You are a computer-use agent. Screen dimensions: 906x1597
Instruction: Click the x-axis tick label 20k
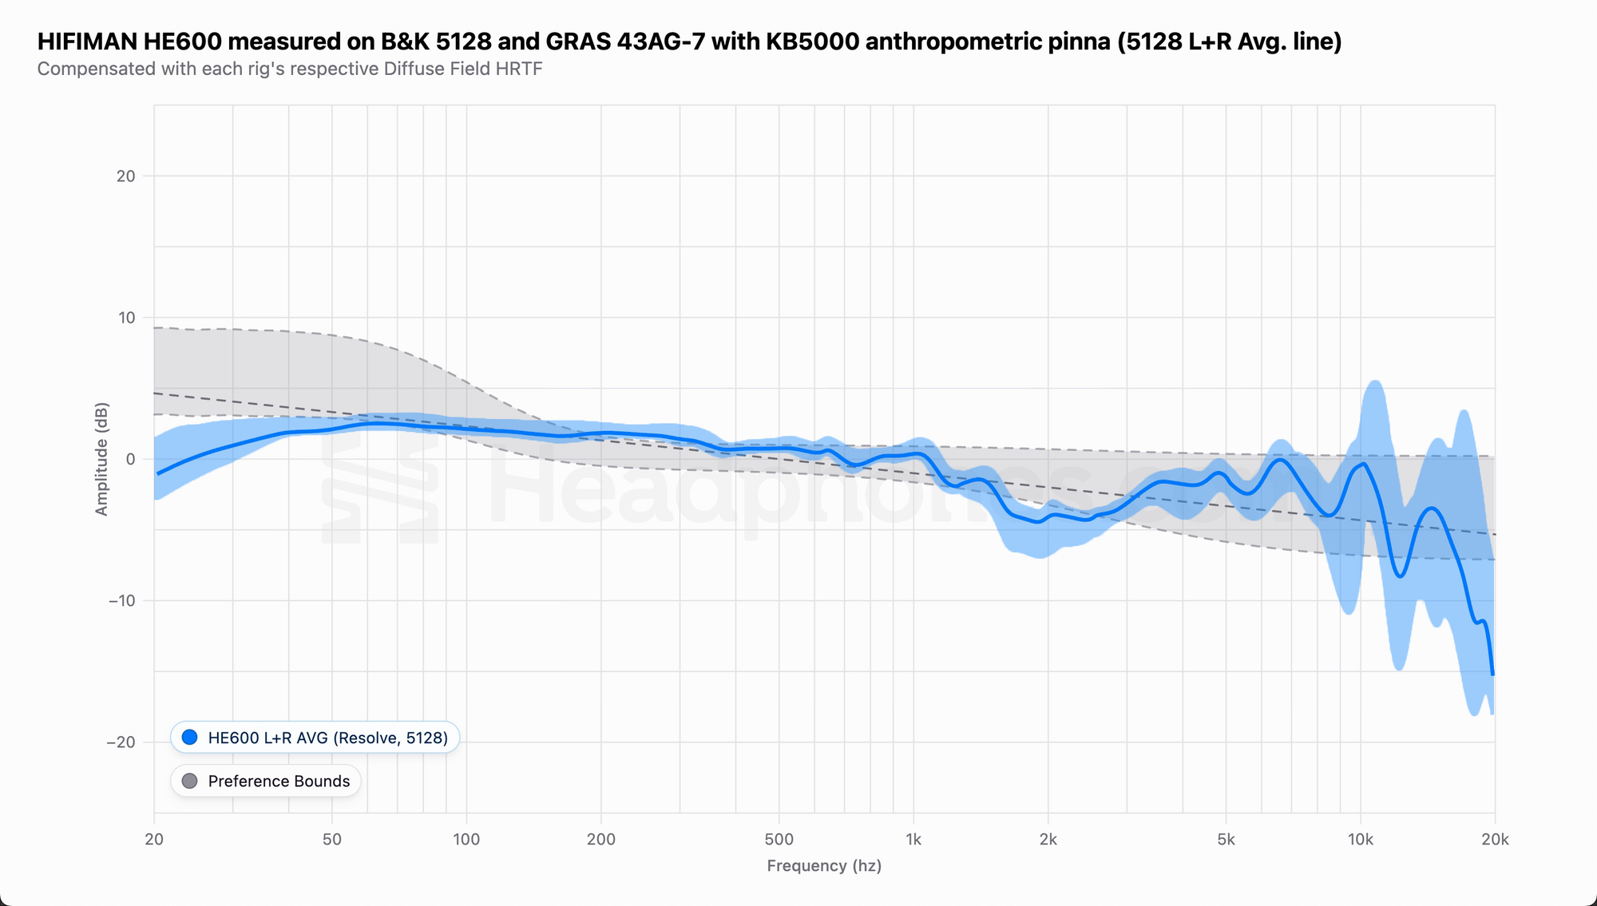point(1495,840)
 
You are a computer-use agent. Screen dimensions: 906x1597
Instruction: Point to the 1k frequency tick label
point(913,840)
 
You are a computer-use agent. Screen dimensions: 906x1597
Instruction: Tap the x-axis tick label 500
point(779,840)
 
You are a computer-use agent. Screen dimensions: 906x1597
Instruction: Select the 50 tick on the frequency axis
point(331,840)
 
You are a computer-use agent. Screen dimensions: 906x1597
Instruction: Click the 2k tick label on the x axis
point(1048,840)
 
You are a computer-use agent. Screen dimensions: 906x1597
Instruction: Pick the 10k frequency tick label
point(1360,840)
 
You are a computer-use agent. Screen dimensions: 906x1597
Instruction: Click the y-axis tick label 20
point(126,176)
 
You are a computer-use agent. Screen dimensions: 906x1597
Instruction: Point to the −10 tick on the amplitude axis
point(122,600)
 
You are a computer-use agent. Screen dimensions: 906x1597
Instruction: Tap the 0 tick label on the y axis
point(131,459)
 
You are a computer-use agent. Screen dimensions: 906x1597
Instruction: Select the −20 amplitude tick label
point(121,742)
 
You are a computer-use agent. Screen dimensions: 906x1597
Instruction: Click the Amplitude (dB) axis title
point(101,459)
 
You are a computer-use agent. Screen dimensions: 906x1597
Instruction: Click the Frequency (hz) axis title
point(824,866)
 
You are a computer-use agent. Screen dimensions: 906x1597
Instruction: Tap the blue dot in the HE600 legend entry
point(189,738)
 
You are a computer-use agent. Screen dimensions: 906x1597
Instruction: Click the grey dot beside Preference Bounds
point(189,781)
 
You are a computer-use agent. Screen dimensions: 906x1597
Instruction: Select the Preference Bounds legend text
point(279,781)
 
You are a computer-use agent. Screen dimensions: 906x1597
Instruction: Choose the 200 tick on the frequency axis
point(600,840)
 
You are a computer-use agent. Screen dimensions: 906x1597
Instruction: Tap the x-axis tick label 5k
point(1226,840)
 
